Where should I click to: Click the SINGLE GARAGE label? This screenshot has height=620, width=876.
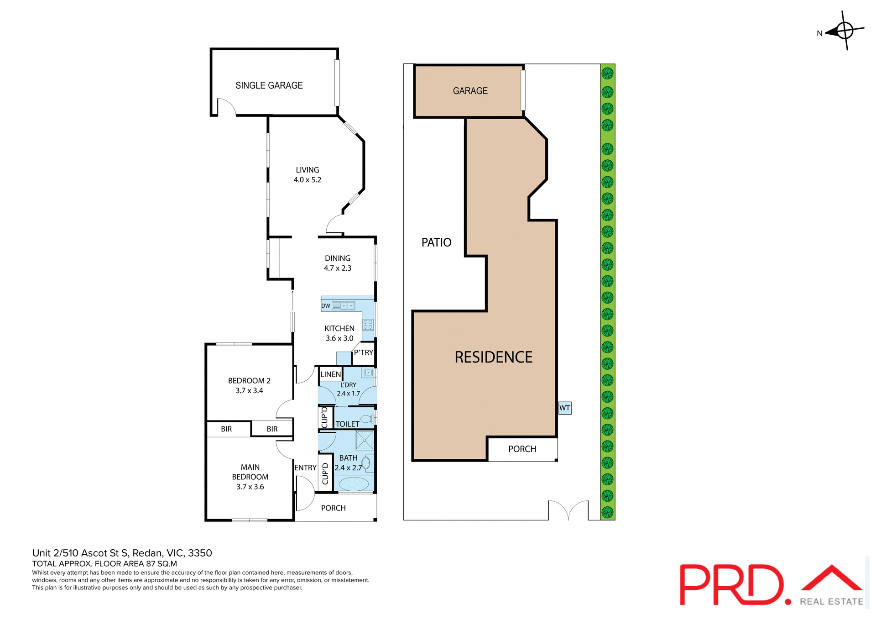pos(269,85)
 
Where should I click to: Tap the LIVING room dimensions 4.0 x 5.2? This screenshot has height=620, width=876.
pos(307,180)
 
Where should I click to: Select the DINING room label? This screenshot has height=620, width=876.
pos(338,258)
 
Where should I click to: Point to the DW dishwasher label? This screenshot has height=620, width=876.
pos(326,306)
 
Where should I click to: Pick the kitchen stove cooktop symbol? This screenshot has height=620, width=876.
pos(368,325)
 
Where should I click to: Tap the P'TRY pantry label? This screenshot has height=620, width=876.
pos(364,352)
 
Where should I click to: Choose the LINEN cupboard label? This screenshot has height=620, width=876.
pos(330,374)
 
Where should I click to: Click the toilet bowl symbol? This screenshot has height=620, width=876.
pos(366,419)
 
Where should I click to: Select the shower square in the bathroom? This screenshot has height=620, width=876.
pos(365,441)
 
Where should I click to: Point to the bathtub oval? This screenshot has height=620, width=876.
pos(354,483)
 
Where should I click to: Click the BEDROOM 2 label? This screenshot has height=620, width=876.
pos(249,381)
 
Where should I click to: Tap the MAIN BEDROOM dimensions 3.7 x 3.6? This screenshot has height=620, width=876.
pos(250,487)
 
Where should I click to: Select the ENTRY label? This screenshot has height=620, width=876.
pos(305,468)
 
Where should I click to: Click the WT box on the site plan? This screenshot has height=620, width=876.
pos(565,408)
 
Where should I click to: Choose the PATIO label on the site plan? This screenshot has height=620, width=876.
pos(436,242)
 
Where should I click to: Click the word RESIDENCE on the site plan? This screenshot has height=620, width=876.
pos(493,357)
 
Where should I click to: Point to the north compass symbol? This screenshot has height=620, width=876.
pos(845,31)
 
